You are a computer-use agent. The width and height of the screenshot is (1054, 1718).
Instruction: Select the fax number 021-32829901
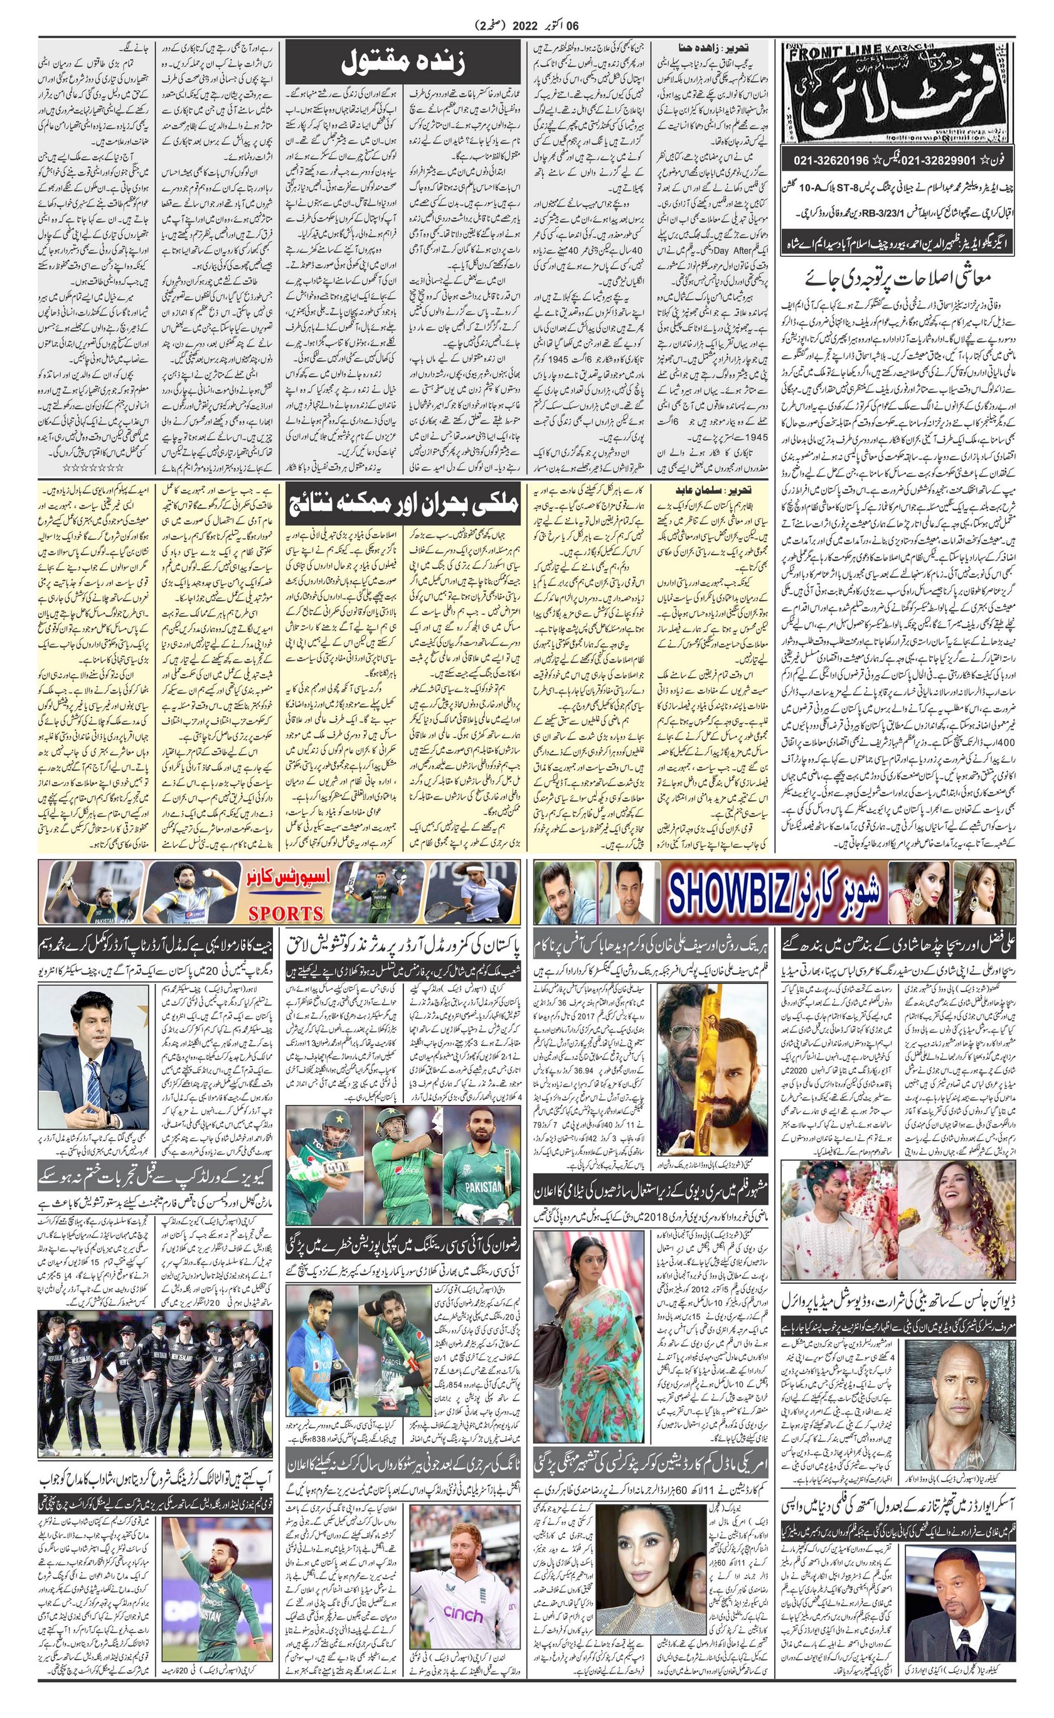[939, 161]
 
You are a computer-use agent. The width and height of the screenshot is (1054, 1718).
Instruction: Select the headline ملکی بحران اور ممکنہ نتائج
[402, 503]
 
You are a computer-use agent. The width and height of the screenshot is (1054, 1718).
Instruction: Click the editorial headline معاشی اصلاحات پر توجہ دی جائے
[900, 277]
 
